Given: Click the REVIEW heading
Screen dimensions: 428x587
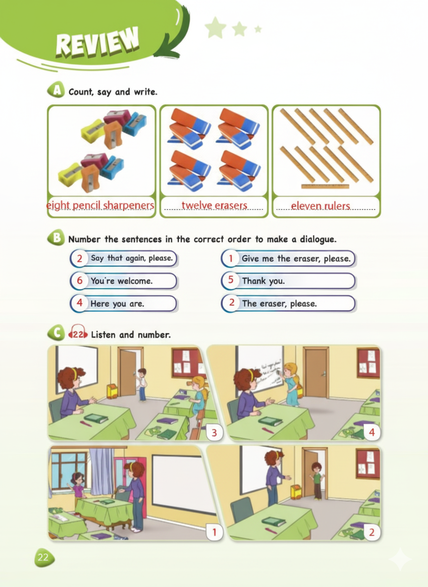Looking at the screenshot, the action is pyautogui.click(x=97, y=42).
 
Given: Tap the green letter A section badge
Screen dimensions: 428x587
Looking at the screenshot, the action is pyautogui.click(x=56, y=90).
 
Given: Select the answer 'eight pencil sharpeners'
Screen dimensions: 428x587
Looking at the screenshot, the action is pyautogui.click(x=100, y=205).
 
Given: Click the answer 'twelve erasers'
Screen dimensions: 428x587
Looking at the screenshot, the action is pyautogui.click(x=214, y=205).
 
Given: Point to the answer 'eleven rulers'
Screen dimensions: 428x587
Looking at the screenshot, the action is pyautogui.click(x=321, y=206).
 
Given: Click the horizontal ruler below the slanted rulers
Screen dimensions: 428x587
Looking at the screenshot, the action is pyautogui.click(x=325, y=186).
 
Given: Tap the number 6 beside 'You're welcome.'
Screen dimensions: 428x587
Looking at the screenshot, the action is pyautogui.click(x=80, y=281).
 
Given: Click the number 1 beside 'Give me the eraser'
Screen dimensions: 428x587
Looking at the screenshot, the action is pyautogui.click(x=231, y=258).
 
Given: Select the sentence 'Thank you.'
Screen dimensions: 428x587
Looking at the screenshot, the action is pyautogui.click(x=264, y=281).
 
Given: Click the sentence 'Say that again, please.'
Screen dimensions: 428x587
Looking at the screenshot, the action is pyautogui.click(x=132, y=258).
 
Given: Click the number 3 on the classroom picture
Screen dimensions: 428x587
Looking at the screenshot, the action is pyautogui.click(x=214, y=433).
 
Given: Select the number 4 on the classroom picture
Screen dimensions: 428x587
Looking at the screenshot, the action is pyautogui.click(x=372, y=432).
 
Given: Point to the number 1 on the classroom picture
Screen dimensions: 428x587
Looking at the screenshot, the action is pyautogui.click(x=214, y=532).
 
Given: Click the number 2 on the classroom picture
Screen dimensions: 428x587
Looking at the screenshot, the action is pyautogui.click(x=372, y=532).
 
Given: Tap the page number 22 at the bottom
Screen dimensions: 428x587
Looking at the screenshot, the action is pyautogui.click(x=44, y=557).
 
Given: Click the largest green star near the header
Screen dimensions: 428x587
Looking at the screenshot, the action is pyautogui.click(x=215, y=27).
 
